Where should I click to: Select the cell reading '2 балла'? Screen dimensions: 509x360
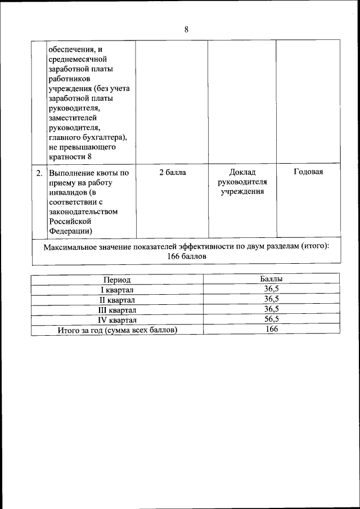click(172, 172)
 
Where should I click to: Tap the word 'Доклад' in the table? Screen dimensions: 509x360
click(243, 172)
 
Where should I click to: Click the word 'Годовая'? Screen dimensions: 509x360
click(308, 172)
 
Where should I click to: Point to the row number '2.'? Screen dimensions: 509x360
click(39, 173)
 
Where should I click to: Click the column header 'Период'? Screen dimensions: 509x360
click(116, 280)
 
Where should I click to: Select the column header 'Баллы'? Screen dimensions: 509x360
click(271, 279)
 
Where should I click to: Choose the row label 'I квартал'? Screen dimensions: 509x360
click(116, 290)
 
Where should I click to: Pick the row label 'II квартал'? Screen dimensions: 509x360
click(116, 300)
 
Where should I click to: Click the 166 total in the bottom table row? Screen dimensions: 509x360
click(272, 330)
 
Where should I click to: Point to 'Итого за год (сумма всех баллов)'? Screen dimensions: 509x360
click(118, 330)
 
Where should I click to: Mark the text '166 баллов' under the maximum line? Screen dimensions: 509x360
click(187, 256)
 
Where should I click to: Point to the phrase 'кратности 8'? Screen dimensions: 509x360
click(70, 156)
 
